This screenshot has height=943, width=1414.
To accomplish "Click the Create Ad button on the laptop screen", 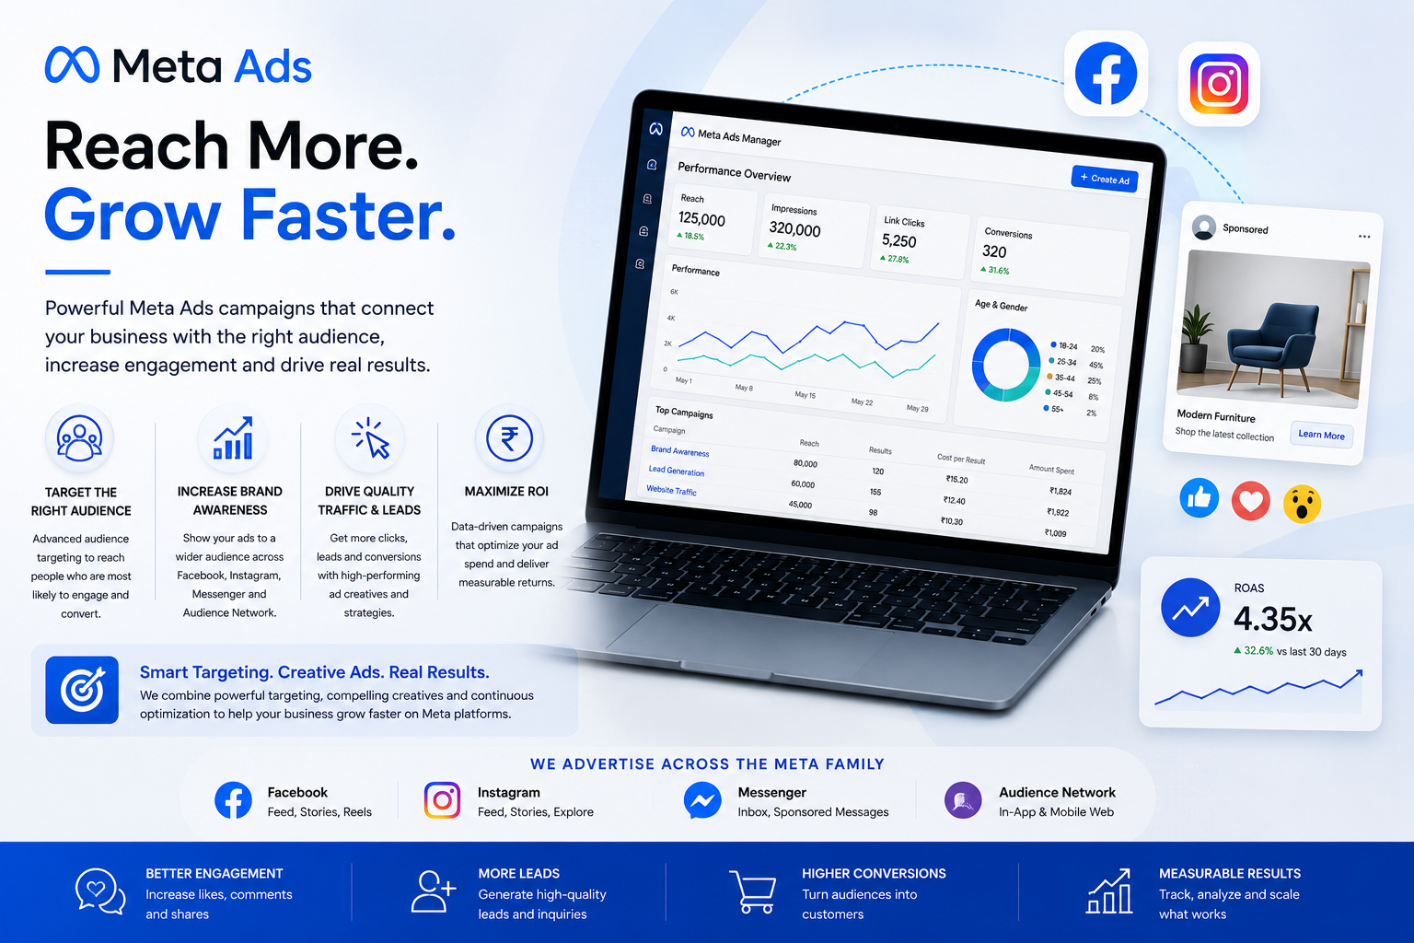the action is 1105,179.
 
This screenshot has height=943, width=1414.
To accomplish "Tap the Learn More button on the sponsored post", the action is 1321,435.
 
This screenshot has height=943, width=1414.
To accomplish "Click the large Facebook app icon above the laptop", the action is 1106,74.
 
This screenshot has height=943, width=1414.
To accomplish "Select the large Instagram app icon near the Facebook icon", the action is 1219,84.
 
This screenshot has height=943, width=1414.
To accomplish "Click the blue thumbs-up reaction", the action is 1199,498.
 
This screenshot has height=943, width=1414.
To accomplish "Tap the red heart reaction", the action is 1250,501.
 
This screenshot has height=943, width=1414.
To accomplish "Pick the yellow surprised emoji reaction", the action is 1302,504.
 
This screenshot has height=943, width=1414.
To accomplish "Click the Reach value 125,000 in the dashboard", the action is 701,219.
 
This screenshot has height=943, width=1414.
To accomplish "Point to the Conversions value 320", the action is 994,251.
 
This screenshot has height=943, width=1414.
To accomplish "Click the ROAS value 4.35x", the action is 1272,619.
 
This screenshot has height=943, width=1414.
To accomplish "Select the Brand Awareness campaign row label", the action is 680,451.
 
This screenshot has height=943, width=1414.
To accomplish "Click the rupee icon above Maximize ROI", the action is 509,437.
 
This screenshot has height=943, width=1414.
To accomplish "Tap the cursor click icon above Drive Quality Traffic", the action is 371,437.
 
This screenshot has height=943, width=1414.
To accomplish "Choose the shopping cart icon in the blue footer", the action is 753,891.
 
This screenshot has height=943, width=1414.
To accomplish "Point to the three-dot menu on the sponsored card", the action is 1364,237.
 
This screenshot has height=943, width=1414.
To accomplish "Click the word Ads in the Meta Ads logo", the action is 272,66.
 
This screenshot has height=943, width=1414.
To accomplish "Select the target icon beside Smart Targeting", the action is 82,690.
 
